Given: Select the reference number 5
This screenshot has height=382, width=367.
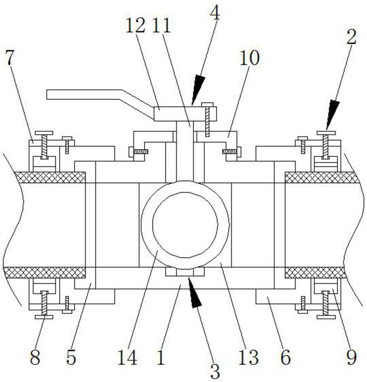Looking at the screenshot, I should point(71,357).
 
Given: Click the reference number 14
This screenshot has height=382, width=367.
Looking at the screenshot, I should point(127,358).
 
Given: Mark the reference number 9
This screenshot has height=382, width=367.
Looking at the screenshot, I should point(351,357).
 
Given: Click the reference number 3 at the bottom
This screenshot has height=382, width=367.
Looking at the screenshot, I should point(215,371).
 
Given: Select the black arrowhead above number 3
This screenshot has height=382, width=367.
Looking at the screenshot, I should point(194,295).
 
